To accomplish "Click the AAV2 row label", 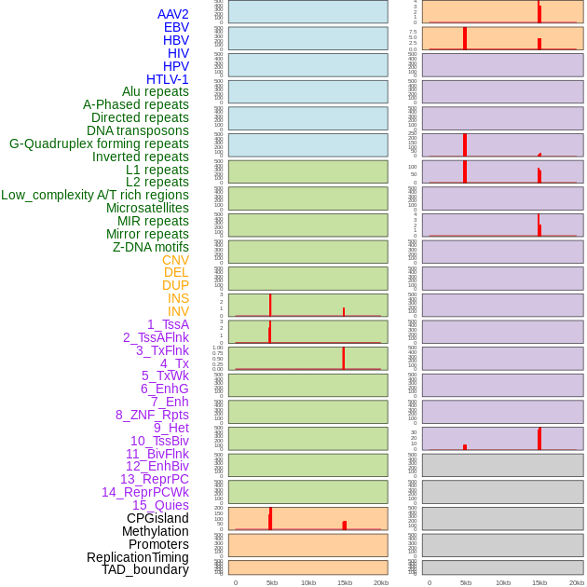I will tap(173, 14).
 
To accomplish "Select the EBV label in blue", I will tap(176, 27).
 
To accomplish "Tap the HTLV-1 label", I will tap(168, 79).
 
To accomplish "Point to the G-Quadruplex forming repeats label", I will tap(99, 143).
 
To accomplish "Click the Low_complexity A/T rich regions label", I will tap(95, 195).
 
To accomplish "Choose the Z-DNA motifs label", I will tap(151, 247).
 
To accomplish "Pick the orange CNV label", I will tap(175, 260).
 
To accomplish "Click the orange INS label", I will tap(178, 298).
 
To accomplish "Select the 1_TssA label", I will tap(168, 324).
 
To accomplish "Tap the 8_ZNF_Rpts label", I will tap(152, 415).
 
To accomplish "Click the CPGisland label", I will tap(157, 518).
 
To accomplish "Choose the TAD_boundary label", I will tap(145, 569).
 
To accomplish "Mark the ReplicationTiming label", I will tap(138, 557).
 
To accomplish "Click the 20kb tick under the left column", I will tap(381, 582).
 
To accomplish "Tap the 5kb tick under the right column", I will tap(465, 582).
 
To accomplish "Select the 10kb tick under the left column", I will tap(308, 582).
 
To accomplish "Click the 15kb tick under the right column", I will tap(539, 582).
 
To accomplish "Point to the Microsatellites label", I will tap(147, 208).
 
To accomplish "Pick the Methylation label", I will tap(156, 531).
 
